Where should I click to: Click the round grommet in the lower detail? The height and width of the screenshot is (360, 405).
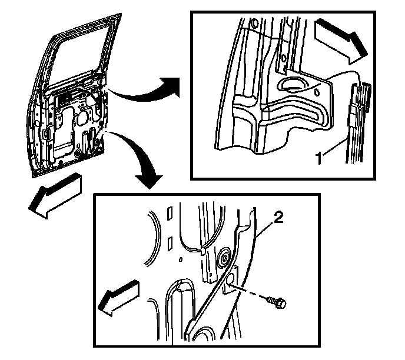tap(224, 258)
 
